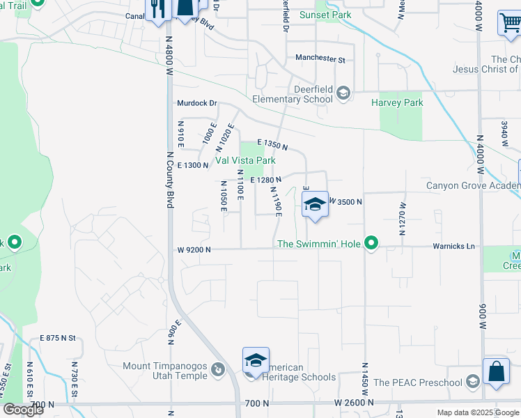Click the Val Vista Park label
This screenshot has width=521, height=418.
tap(245, 161)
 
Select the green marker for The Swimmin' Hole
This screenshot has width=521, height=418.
tap(372, 243)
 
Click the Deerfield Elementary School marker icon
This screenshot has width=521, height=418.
tap(343, 93)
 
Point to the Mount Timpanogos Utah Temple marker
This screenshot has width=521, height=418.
tap(217, 369)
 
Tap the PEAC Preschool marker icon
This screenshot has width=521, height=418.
tap(473, 381)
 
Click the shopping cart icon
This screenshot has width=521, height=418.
tap(510, 23)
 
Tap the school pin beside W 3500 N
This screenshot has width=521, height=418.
tap(315, 204)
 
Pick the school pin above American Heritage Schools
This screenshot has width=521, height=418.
tap(256, 360)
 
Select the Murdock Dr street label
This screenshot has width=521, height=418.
tap(196, 103)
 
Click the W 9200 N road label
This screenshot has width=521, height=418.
tap(194, 249)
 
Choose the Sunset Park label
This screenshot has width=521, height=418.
tap(325, 15)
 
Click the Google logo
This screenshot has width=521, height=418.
tap(23, 410)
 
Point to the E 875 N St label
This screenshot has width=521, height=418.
tap(58, 337)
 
